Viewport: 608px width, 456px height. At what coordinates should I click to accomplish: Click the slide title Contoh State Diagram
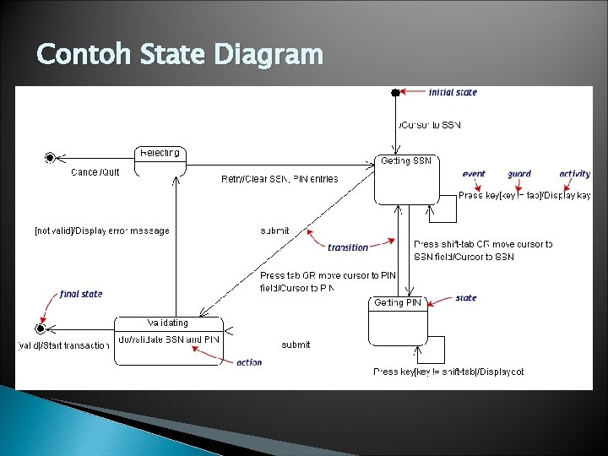pyautogui.click(x=180, y=55)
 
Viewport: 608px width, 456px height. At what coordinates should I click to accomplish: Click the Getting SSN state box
pyautogui.click(x=406, y=179)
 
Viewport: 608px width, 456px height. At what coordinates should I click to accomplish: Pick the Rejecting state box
pyautogui.click(x=160, y=160)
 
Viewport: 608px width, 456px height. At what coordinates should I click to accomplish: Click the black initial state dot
pyautogui.click(x=394, y=93)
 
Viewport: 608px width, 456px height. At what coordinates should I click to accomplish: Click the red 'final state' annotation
pyautogui.click(x=81, y=294)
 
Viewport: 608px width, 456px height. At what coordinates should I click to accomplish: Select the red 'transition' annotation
pyautogui.click(x=348, y=247)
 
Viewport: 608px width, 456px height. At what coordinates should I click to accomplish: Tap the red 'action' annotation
pyautogui.click(x=249, y=362)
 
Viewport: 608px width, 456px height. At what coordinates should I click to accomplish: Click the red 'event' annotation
pyautogui.click(x=474, y=174)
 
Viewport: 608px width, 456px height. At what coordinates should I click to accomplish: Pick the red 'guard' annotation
pyautogui.click(x=519, y=174)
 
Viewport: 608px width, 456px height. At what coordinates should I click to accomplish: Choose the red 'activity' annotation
pyautogui.click(x=574, y=174)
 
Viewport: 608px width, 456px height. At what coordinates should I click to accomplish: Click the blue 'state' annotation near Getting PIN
pyautogui.click(x=465, y=298)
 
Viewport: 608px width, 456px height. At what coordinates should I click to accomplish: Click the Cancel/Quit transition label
pyautogui.click(x=95, y=172)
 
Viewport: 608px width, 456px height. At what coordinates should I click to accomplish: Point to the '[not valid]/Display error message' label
pyautogui.click(x=102, y=231)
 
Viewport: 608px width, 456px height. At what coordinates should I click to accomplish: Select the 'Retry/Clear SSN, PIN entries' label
pyautogui.click(x=280, y=179)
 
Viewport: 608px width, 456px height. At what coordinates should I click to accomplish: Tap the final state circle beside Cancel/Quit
pyautogui.click(x=51, y=157)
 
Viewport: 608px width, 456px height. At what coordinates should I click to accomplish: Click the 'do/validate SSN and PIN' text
pyautogui.click(x=170, y=339)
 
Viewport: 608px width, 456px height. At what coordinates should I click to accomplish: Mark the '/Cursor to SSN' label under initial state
pyautogui.click(x=430, y=126)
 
